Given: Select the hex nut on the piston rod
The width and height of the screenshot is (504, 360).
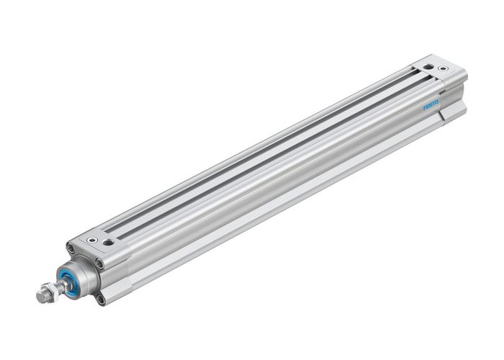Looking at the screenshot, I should (x=51, y=292).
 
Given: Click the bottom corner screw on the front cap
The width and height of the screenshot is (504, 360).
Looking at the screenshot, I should (x=101, y=297).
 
